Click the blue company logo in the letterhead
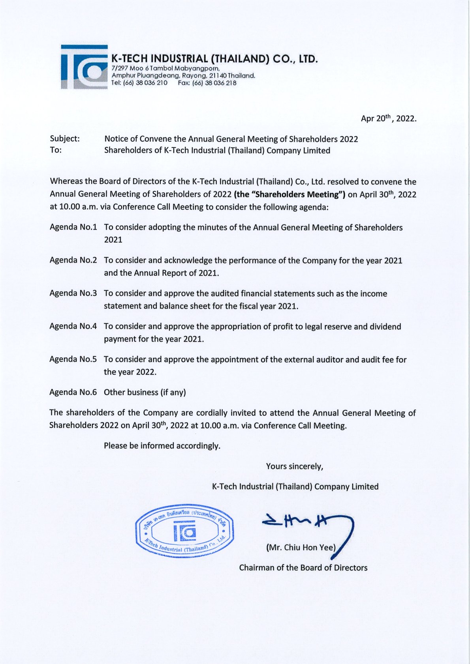84,67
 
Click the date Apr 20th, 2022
388,118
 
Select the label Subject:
65,139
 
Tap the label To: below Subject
56,150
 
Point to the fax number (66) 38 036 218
214,83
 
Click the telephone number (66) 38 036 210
145,83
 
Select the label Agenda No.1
73,227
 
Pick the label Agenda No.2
73,260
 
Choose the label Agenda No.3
73,293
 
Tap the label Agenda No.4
73,326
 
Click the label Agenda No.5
73,359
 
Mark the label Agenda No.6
73,392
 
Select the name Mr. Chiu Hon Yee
301,548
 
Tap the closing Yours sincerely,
295,466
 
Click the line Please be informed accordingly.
162,446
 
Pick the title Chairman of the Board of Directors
303,568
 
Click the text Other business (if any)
145,392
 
